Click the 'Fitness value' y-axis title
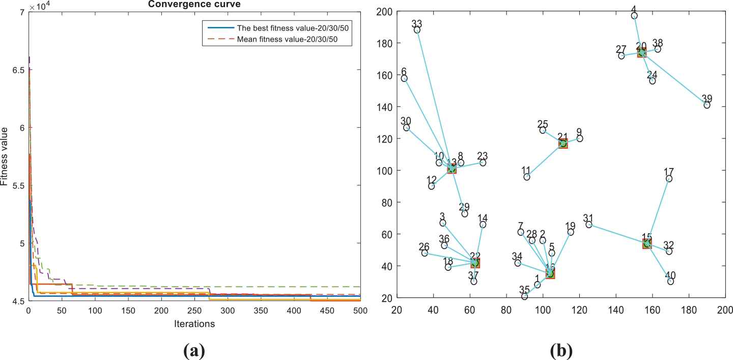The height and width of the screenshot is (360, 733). (5, 157)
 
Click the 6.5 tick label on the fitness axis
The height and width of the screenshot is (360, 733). (18, 70)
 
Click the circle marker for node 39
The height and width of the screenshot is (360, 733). (707, 105)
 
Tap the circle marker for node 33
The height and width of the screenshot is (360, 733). (417, 30)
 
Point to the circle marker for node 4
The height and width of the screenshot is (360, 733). (634, 16)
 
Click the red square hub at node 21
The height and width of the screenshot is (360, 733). (562, 144)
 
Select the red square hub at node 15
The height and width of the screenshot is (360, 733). (646, 243)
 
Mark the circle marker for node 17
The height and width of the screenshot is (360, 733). (669, 179)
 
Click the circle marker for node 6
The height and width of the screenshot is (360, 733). (404, 78)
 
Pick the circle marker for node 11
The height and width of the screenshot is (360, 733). (527, 177)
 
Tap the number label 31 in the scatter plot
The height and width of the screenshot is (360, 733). (588, 217)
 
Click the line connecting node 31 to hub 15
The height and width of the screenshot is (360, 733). (617, 234)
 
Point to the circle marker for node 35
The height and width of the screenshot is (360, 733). (524, 296)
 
